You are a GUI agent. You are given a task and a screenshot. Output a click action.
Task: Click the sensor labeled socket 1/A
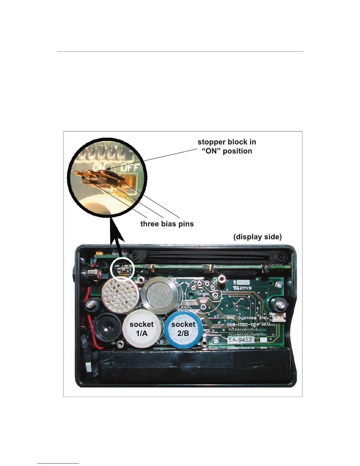tap(141, 329)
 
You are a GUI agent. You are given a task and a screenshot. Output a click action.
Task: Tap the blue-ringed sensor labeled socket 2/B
tap(183, 329)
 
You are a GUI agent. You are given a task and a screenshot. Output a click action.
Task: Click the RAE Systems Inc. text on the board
tap(247, 318)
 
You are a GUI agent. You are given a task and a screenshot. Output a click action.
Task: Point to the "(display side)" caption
tap(257, 237)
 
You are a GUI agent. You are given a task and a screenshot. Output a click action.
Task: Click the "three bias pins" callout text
tap(167, 224)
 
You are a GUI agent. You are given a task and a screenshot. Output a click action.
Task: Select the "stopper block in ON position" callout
tap(227, 147)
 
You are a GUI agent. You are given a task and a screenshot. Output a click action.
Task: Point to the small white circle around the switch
tap(122, 268)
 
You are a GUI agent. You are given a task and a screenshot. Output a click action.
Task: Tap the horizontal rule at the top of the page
tap(180, 52)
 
